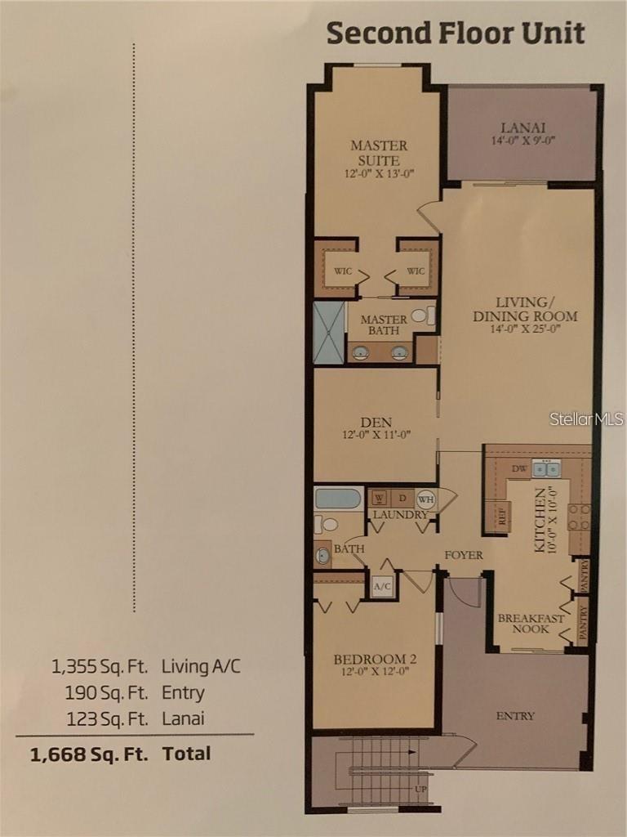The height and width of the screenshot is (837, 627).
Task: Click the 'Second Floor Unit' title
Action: [456, 34]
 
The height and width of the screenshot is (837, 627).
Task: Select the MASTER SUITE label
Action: [378, 153]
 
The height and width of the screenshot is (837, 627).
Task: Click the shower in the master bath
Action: [329, 333]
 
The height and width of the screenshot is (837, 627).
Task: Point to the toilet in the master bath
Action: [420, 316]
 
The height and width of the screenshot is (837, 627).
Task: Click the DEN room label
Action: [376, 422]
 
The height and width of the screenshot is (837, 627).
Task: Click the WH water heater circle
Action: [426, 499]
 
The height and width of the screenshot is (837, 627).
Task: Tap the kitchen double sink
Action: [546, 468]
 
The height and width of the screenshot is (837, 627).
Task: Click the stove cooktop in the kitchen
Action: [579, 517]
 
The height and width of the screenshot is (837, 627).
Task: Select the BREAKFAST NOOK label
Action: [531, 625]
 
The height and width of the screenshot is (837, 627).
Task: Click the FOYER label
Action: [464, 555]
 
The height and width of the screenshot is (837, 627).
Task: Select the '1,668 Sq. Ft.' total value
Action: [89, 754]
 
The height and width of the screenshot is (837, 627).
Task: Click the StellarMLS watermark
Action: [586, 418]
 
